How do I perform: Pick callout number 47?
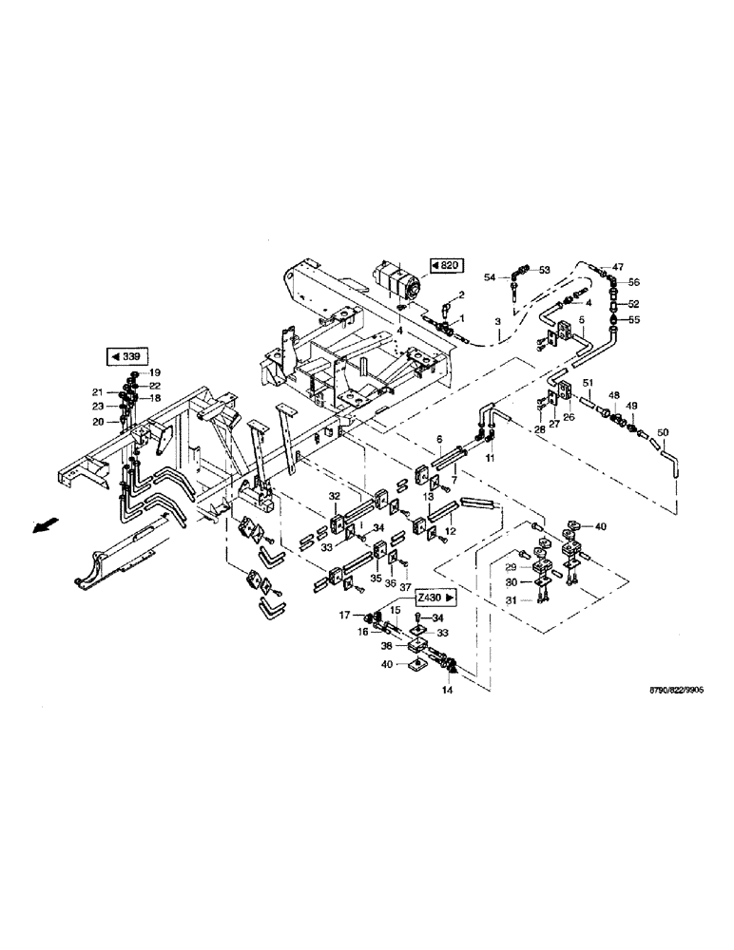(618, 267)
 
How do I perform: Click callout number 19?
(155, 372)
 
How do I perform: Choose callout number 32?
(335, 497)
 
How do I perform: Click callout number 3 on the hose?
(498, 323)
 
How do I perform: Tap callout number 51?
(589, 383)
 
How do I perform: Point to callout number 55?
(634, 321)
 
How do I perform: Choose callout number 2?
(460, 295)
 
